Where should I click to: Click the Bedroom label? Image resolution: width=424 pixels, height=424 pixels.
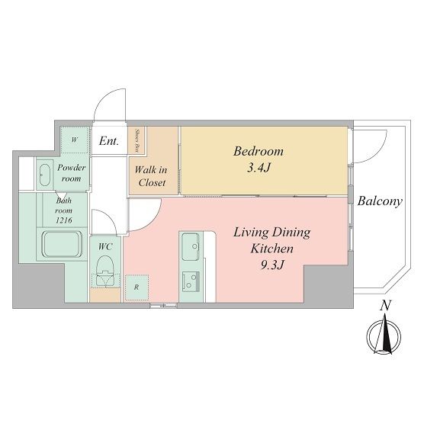tap(258, 150)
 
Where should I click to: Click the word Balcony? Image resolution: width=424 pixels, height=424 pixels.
tap(379, 202)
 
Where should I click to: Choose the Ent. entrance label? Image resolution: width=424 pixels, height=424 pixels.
tap(108, 141)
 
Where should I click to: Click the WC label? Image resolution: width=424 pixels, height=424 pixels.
tap(104, 246)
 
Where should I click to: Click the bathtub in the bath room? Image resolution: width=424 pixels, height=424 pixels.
tap(60, 246)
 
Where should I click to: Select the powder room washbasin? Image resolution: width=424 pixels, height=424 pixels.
tap(45, 173)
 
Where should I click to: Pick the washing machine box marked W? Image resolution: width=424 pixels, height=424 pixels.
tap(74, 140)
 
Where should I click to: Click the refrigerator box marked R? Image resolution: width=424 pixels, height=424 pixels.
tap(136, 287)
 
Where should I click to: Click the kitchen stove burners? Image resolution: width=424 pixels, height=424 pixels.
tap(189, 282)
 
